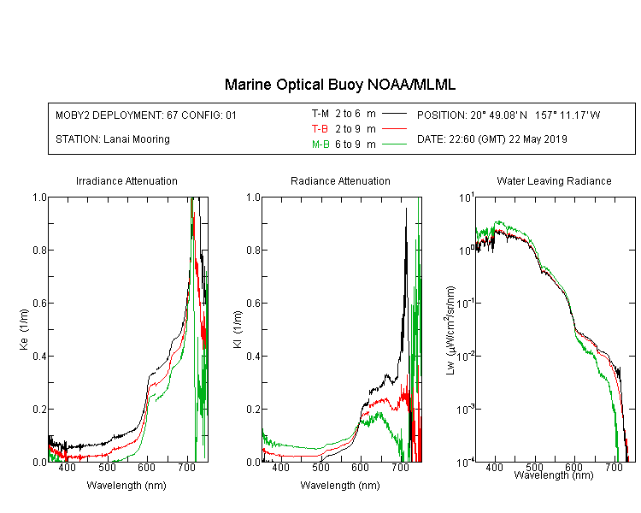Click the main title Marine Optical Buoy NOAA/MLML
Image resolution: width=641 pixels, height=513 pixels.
point(339,85)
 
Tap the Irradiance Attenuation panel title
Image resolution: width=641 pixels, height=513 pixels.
point(126,180)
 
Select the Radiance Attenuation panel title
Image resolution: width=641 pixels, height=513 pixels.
point(340,180)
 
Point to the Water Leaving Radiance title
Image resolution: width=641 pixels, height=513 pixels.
point(554,180)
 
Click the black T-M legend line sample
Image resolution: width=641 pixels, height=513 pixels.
point(394,114)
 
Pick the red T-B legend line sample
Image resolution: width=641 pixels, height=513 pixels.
point(394,129)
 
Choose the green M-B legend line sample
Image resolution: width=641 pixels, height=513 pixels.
point(394,144)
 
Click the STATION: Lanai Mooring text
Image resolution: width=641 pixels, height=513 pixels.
point(113,139)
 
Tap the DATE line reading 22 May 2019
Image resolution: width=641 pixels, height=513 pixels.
point(491,139)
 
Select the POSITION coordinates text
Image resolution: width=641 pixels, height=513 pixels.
point(509,115)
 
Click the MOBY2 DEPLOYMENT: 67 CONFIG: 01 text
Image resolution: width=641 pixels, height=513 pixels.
point(146,115)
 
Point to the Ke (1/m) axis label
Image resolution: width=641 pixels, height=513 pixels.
point(24,329)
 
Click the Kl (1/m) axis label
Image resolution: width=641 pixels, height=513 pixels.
point(238,329)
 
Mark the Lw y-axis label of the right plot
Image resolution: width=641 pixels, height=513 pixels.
point(450,330)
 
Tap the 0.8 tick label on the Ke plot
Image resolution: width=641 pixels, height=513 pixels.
point(39,250)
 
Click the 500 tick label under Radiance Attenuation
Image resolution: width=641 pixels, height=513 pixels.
point(320,467)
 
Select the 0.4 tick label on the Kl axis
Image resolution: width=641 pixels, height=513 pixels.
point(254,356)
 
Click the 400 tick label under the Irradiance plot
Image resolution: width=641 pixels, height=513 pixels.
point(67,467)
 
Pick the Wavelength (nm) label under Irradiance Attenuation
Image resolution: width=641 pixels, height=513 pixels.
point(126,486)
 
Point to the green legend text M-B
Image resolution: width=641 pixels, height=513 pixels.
point(320,144)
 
